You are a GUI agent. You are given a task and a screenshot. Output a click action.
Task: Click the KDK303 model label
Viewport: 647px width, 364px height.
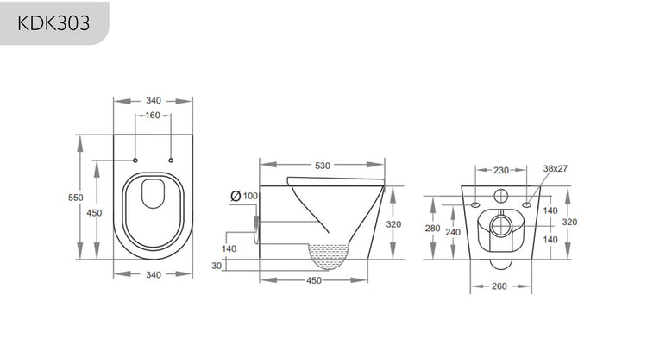click(53, 21)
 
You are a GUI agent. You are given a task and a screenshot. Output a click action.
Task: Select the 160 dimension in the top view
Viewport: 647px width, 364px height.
click(154, 116)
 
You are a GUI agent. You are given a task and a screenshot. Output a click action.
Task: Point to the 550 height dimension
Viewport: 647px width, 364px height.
click(75, 198)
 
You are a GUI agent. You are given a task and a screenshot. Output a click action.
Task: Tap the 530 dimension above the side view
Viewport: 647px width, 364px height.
click(323, 165)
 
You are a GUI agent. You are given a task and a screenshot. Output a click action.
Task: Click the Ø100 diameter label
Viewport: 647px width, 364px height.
click(245, 197)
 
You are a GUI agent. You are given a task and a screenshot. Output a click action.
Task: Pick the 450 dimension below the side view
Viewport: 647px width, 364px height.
click(314, 279)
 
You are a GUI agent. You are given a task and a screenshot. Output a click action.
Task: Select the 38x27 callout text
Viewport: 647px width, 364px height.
click(555, 170)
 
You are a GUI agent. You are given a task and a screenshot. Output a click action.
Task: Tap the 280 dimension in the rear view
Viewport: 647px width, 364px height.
click(433, 229)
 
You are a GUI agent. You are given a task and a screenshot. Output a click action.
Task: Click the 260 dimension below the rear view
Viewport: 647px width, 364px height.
click(499, 286)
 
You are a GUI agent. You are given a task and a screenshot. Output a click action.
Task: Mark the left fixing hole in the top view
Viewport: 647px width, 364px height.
click(136, 160)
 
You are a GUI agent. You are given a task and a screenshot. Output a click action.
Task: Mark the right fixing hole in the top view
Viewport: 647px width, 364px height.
click(171, 160)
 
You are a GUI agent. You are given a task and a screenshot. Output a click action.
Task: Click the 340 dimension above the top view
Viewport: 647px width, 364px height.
click(154, 101)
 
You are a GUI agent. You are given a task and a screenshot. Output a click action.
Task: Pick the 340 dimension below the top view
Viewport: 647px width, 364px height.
click(154, 275)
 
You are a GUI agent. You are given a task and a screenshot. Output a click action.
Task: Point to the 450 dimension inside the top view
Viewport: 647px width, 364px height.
click(96, 213)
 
